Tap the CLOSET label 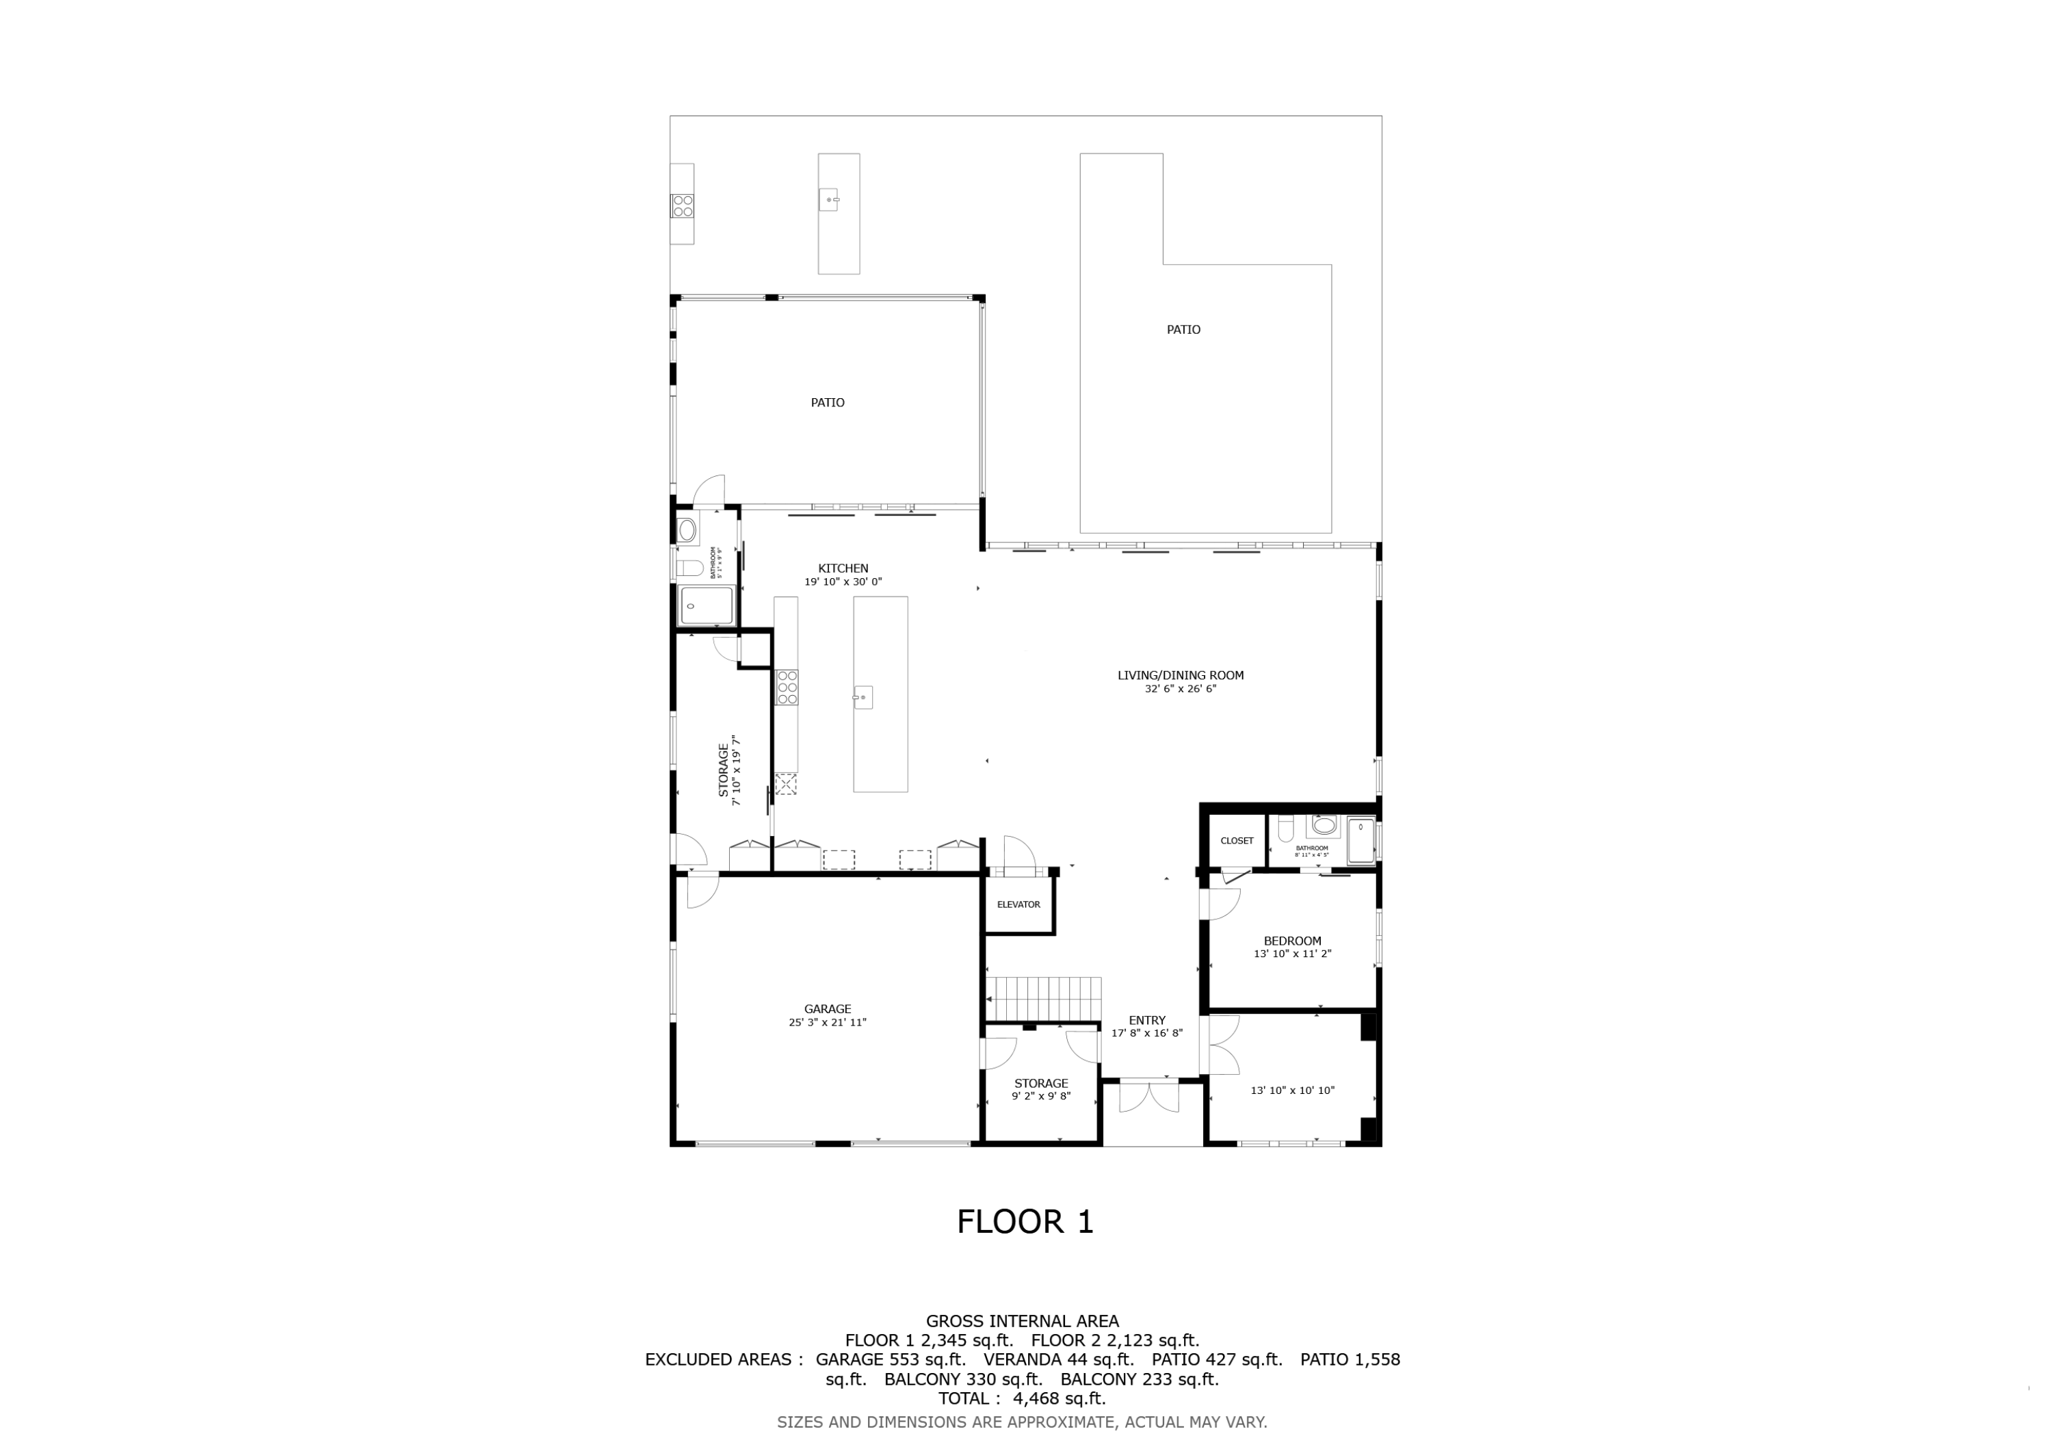tap(1237, 840)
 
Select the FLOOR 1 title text tap(1025, 1221)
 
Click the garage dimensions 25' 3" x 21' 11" tap(827, 1023)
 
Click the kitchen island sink tap(863, 697)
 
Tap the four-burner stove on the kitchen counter tap(787, 687)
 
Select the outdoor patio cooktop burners tap(682, 206)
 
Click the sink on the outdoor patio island tap(830, 199)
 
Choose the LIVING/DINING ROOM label tap(1180, 676)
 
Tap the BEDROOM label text tap(1292, 941)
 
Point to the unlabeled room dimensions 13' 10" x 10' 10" tap(1292, 1090)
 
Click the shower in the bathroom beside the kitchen tap(706, 605)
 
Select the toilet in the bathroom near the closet tap(1286, 830)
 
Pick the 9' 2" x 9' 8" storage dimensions tap(1041, 1096)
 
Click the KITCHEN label tap(843, 568)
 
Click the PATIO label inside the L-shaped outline tap(1183, 330)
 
